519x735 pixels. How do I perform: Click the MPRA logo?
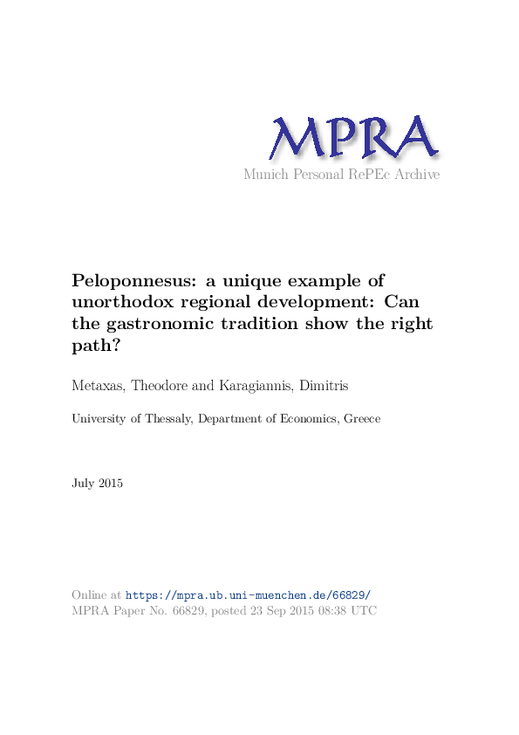tap(353, 138)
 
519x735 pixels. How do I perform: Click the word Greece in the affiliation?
tap(362, 419)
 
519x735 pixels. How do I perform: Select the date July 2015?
tap(98, 483)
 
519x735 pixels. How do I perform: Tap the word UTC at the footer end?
tap(364, 611)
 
